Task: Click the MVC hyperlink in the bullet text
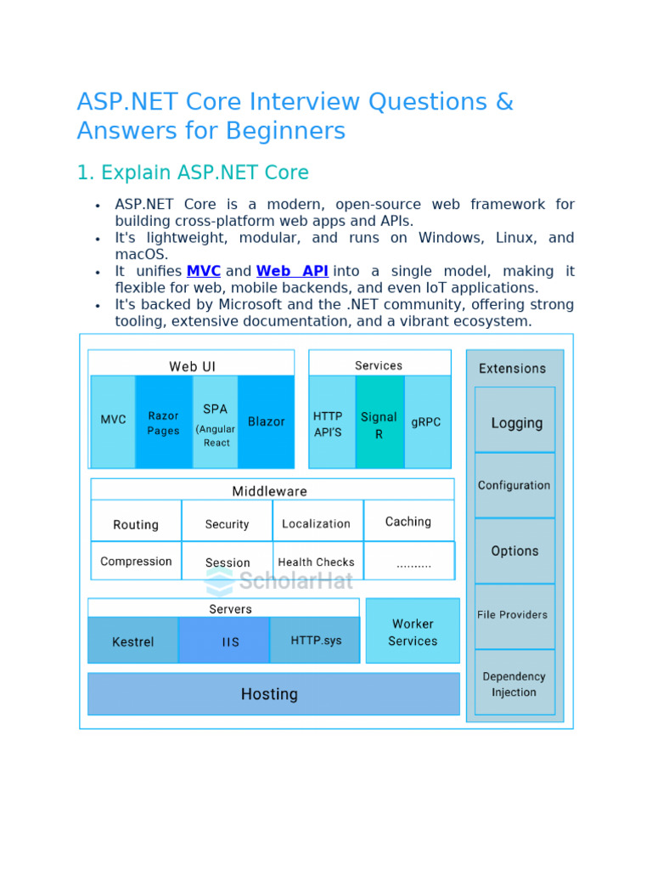click(204, 271)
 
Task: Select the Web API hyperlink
click(292, 271)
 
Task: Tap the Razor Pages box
click(164, 422)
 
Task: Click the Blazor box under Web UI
click(266, 421)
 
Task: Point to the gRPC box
click(426, 421)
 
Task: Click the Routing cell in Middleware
click(136, 524)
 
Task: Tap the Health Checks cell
click(317, 562)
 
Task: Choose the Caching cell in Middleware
click(408, 522)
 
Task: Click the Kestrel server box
click(133, 641)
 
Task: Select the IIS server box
click(231, 641)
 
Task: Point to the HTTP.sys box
click(316, 640)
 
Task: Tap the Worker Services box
click(413, 632)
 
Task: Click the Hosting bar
click(270, 694)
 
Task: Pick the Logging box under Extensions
click(516, 422)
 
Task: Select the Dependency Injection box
click(514, 684)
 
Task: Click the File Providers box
click(513, 614)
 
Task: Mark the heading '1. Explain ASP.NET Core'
click(193, 172)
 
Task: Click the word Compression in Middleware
click(136, 562)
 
